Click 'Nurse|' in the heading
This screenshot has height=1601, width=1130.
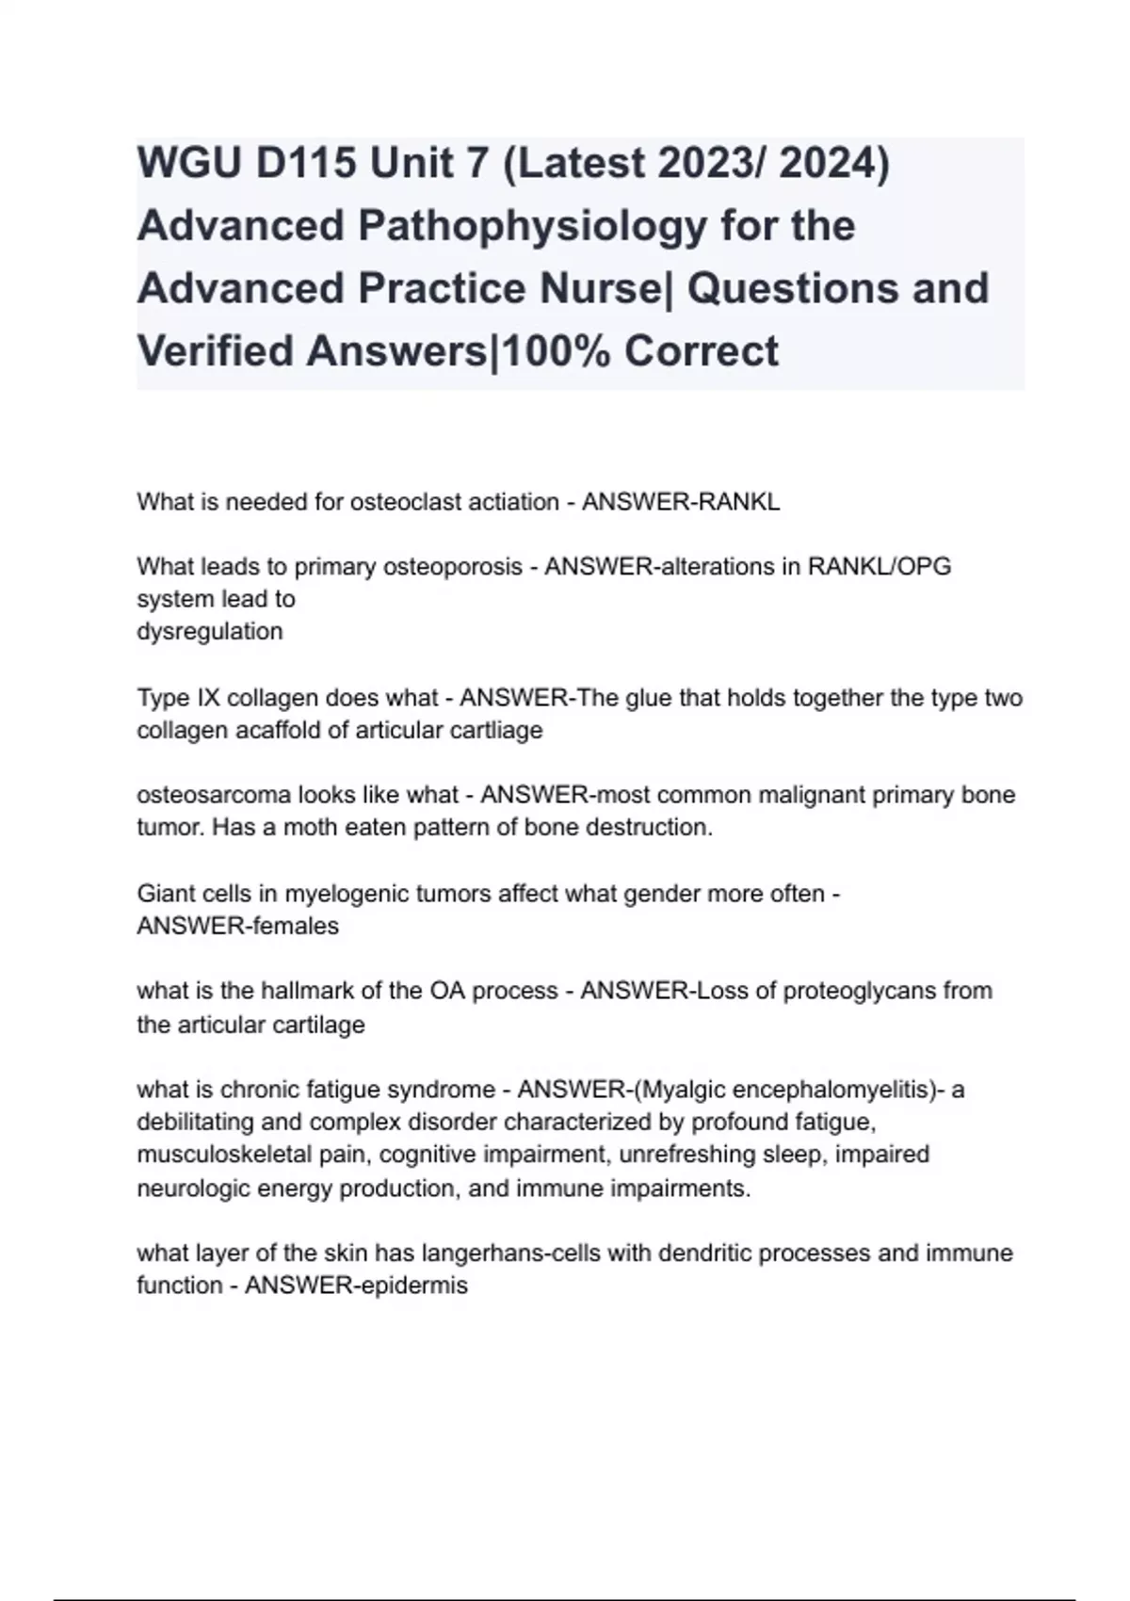(x=607, y=288)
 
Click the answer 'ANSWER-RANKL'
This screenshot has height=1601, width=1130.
(x=681, y=502)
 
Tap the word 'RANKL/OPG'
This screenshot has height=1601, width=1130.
(x=880, y=567)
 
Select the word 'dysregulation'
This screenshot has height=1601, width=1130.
(x=209, y=631)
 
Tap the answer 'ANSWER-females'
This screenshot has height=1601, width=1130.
(x=237, y=926)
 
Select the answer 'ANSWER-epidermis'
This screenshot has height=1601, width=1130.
(x=356, y=1286)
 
